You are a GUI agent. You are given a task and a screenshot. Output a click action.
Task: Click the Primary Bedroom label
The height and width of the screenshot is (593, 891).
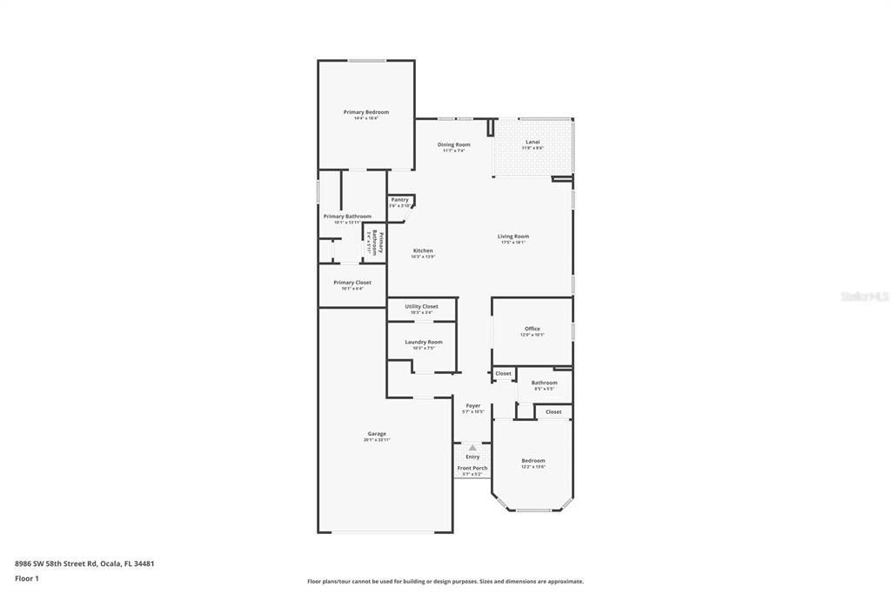[365, 112]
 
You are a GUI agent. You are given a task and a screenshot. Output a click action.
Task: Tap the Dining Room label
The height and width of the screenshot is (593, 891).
[453, 144]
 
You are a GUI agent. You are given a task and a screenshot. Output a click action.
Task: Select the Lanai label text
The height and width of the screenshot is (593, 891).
[533, 143]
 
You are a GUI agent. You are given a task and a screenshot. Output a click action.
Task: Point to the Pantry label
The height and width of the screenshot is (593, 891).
[399, 200]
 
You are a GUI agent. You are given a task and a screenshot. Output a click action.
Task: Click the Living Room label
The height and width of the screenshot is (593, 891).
[512, 237]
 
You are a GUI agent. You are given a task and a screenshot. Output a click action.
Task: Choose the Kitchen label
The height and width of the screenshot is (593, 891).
[423, 250]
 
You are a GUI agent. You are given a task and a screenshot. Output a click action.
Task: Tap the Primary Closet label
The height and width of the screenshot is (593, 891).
[352, 283]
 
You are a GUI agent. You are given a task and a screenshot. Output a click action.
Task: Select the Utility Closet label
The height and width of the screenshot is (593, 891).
[421, 306]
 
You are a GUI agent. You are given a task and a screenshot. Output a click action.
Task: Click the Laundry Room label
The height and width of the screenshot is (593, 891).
[423, 342]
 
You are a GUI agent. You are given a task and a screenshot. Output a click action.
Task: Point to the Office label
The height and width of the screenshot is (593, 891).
[532, 329]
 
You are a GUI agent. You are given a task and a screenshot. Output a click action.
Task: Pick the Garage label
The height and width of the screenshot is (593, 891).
[376, 434]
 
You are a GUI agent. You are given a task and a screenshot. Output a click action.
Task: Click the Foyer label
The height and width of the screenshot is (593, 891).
[472, 406]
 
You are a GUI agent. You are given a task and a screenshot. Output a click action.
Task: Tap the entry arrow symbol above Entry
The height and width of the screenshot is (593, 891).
[472, 448]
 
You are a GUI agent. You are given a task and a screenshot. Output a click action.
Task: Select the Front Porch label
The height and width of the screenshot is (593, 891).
[472, 468]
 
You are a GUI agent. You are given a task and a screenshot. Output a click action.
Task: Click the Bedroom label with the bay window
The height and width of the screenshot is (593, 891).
[533, 461]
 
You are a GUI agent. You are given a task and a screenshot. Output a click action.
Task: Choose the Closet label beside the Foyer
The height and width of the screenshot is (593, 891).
[503, 374]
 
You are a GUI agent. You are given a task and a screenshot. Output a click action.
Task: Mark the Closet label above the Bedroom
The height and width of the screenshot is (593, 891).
[553, 411]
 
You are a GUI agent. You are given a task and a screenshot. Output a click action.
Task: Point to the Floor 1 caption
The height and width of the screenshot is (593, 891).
[26, 578]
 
